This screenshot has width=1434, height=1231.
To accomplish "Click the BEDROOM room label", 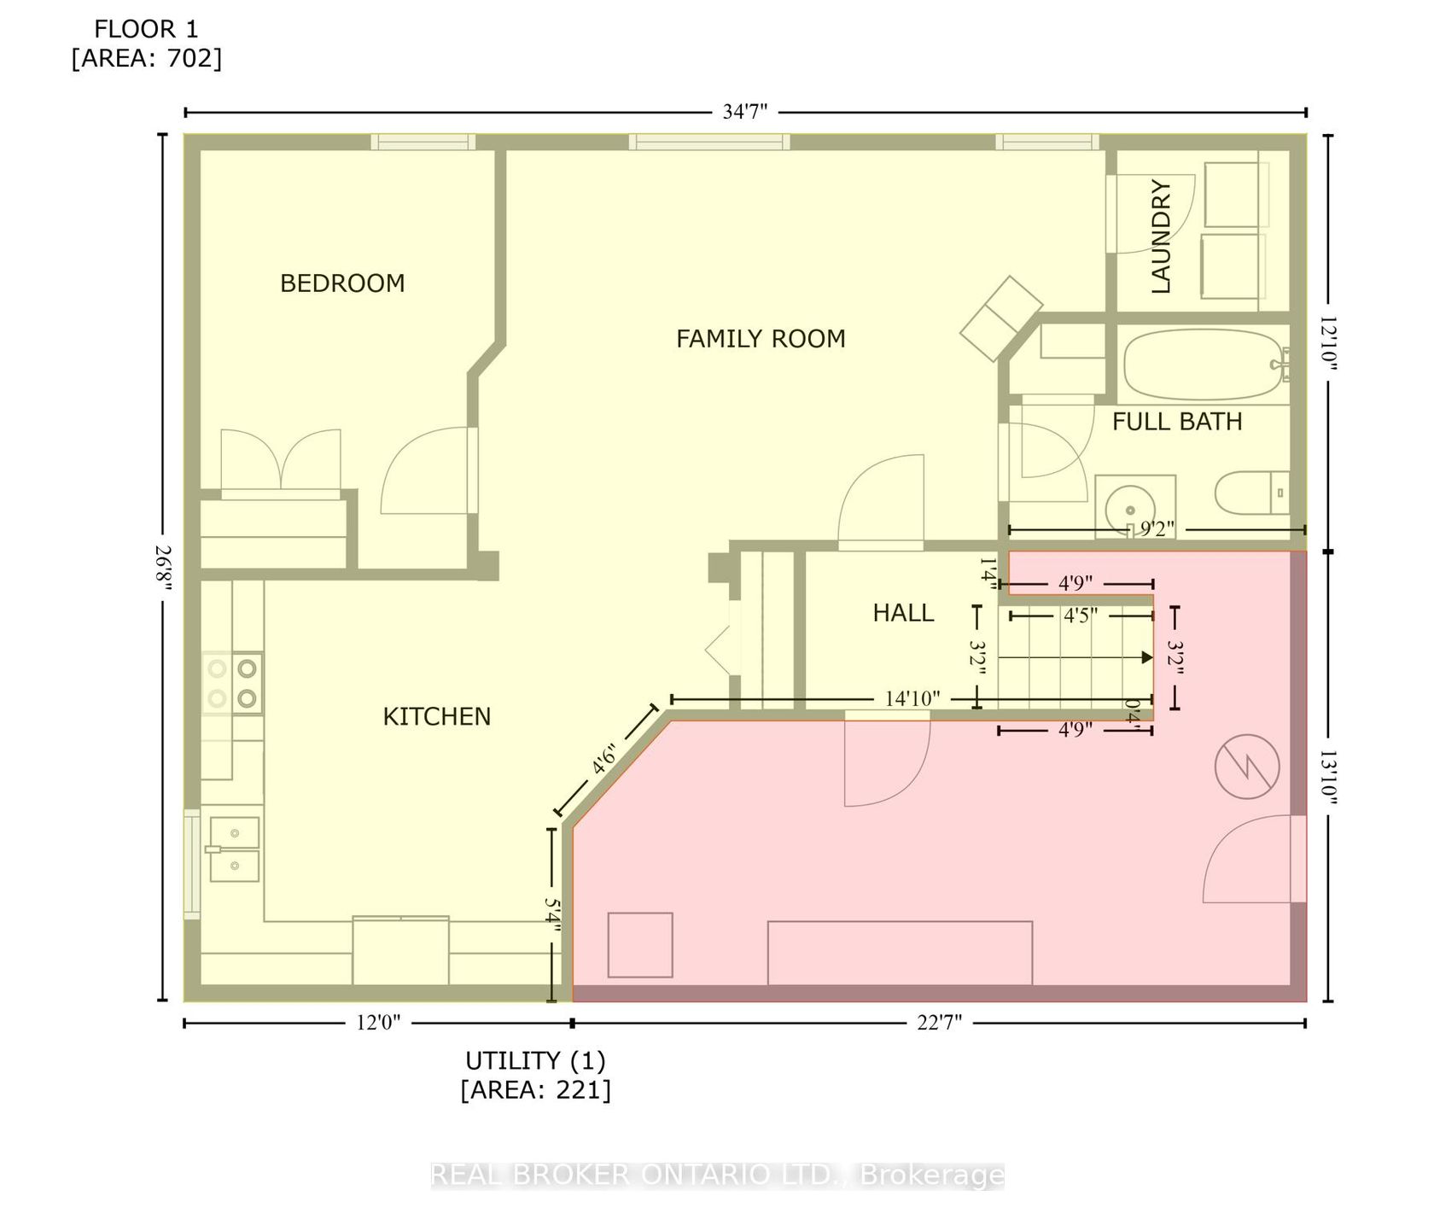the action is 342,283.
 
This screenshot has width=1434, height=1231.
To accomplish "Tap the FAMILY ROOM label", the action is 761,339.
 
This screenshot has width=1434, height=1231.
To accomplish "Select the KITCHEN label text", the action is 436,716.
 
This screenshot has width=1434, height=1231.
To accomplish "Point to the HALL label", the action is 903,612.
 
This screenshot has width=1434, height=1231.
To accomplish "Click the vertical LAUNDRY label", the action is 1161,236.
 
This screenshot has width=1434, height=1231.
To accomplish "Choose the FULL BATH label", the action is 1177,421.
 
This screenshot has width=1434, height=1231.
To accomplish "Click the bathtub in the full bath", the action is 1206,365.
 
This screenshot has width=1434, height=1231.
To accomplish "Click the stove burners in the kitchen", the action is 232,683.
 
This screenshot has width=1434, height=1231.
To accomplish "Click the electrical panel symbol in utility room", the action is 1247,767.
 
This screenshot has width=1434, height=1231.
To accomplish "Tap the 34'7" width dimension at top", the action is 746,112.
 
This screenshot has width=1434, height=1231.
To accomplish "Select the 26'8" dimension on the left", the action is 162,568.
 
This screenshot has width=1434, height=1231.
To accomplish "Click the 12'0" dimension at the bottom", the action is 377,1023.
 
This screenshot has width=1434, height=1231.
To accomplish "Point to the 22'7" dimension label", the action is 939,1023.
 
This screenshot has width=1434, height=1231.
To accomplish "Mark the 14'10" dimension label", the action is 912,698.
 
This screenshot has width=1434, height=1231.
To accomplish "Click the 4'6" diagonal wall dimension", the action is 603,759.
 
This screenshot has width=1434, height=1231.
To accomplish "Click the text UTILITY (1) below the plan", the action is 535,1061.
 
